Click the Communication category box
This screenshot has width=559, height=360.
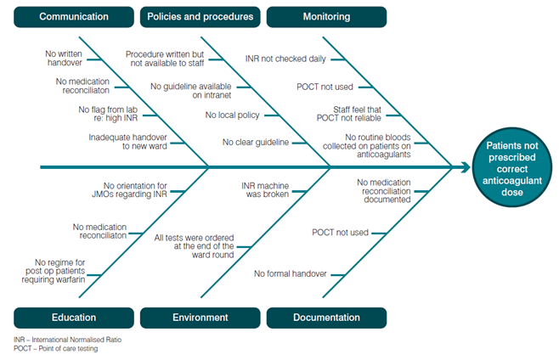click(x=74, y=17)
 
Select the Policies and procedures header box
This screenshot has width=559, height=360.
click(x=200, y=17)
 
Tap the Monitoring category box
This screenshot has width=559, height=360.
click(x=327, y=17)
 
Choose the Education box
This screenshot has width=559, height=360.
click(x=74, y=318)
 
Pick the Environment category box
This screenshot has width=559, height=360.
click(x=200, y=318)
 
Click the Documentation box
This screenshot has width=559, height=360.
click(x=327, y=318)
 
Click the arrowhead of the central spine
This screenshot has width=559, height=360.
click(x=466, y=167)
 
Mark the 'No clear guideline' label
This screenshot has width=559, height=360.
click(x=256, y=142)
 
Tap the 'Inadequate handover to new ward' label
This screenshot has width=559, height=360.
click(x=127, y=142)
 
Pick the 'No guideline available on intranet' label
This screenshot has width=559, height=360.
click(x=193, y=91)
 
